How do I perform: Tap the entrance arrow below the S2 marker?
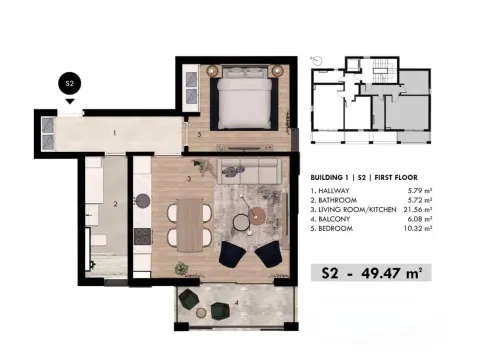(x=69, y=101)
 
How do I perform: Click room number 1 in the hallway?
(x=115, y=132)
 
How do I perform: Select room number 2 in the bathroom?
(x=116, y=205)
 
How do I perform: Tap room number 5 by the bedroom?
(x=200, y=133)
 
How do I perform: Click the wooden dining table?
(x=187, y=223)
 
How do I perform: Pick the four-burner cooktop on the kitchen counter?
(x=141, y=236)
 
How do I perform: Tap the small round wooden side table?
(x=262, y=213)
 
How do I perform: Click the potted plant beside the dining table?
(x=181, y=267)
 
